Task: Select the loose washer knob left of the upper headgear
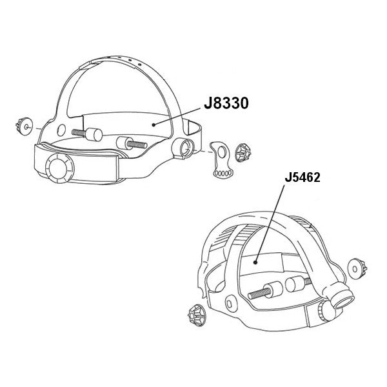[x=23, y=127]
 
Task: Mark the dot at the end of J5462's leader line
[x=257, y=263]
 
